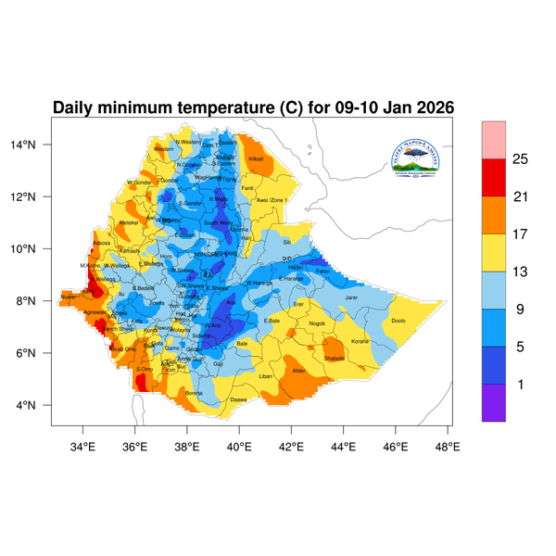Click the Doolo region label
[x=398, y=321]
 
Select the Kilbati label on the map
[x=257, y=159]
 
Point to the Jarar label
[x=351, y=297]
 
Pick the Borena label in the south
[x=194, y=393]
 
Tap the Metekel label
[x=129, y=222]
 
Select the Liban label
[x=266, y=376]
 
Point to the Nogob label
[x=318, y=323]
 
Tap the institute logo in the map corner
[x=423, y=155]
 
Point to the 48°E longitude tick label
[x=449, y=447]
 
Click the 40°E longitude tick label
[x=240, y=447]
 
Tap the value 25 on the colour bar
[x=520, y=159]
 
